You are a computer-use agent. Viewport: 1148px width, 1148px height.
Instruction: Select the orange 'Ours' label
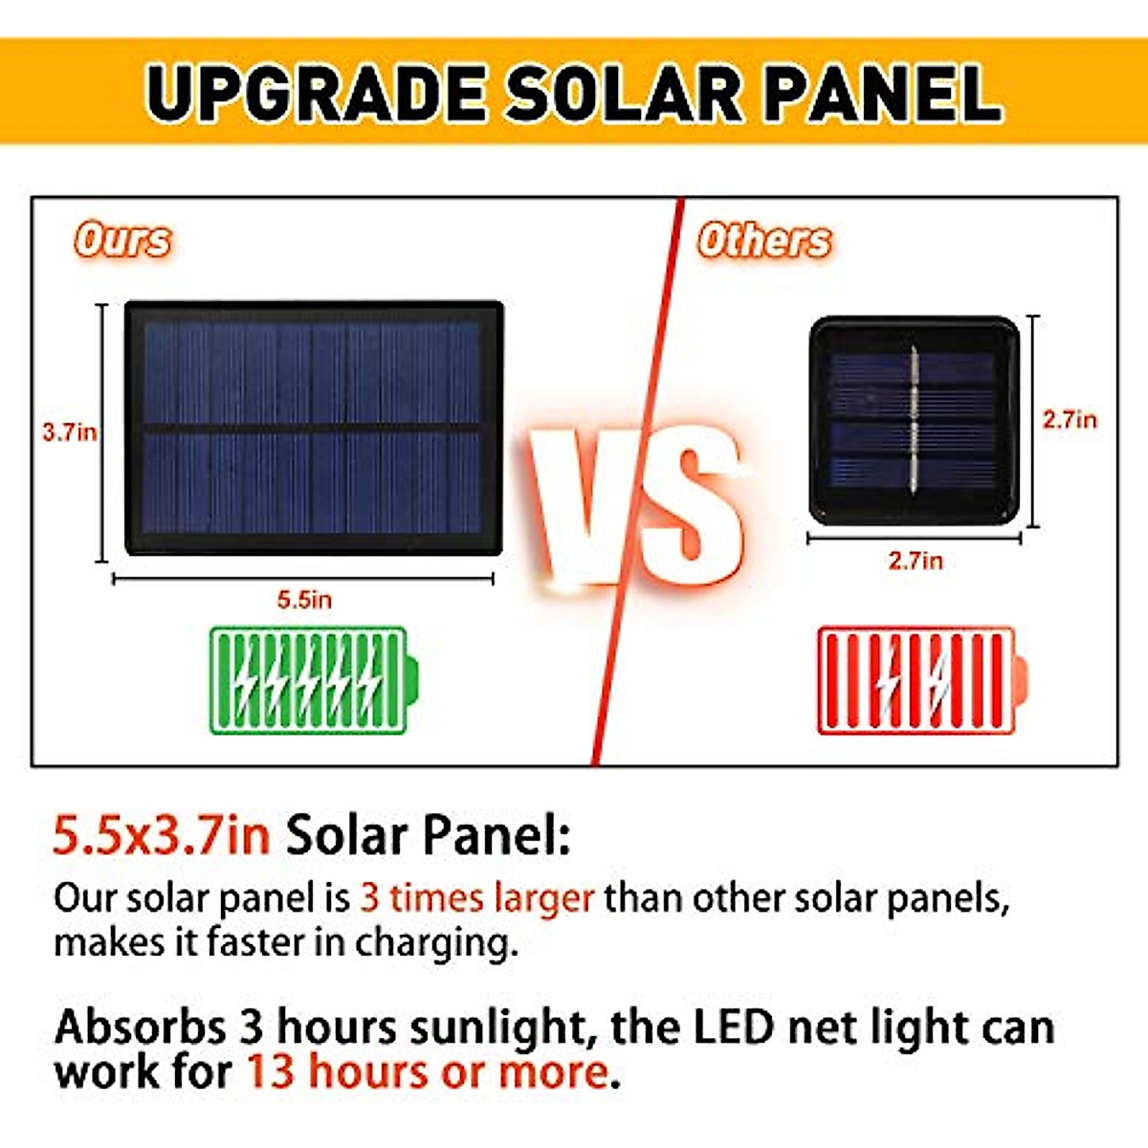click(122, 240)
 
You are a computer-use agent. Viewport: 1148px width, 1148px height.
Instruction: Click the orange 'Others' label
click(764, 240)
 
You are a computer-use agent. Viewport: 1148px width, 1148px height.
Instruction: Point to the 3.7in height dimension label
click(70, 432)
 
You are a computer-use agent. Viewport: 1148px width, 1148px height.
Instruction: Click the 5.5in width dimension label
click(304, 600)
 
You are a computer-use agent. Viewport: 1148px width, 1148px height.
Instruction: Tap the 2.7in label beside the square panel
click(1070, 420)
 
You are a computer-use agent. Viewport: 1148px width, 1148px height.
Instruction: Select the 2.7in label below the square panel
click(916, 562)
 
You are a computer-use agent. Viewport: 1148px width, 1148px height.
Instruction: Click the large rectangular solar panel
click(314, 428)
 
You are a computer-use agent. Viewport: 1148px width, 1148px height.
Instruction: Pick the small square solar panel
click(914, 421)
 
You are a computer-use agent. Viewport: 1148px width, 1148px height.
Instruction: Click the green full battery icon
click(314, 680)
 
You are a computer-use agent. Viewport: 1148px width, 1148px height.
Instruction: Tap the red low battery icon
click(923, 680)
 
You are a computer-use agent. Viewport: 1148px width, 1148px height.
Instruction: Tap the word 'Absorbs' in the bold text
click(140, 1027)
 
